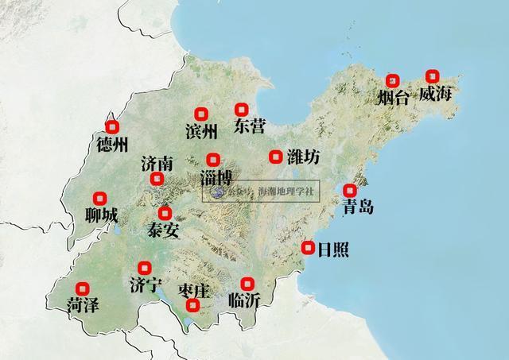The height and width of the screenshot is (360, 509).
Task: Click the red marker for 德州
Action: [x=112, y=126]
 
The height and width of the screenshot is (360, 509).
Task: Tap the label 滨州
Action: [x=200, y=130]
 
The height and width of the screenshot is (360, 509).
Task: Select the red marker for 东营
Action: [x=242, y=110]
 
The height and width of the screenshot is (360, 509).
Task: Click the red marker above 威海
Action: [x=432, y=76]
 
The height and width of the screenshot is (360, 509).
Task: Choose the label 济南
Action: [x=157, y=164]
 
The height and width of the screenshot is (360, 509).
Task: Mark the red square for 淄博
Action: [x=212, y=160]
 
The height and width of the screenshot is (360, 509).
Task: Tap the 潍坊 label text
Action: [x=303, y=157]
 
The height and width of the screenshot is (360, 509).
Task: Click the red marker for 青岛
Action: [x=349, y=190]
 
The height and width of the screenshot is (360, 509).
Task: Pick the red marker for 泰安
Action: [x=165, y=213]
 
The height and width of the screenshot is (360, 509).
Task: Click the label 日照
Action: [x=332, y=249]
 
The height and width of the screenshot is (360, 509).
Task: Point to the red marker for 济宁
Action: [x=144, y=268]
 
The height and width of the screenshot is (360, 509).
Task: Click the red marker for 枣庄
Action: [x=192, y=305]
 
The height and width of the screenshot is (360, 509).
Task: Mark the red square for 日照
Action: [x=308, y=248]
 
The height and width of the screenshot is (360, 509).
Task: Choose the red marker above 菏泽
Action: [x=81, y=288]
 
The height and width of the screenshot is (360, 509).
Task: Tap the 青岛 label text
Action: [x=357, y=207]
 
